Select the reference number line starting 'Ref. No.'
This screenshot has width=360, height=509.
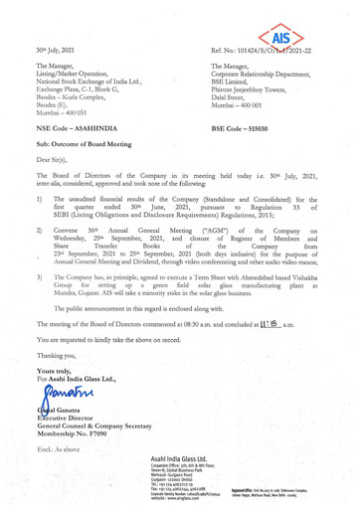click(x=281, y=49)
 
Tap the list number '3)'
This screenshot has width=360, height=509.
click(x=37, y=295)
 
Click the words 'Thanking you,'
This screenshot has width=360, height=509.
click(x=57, y=371)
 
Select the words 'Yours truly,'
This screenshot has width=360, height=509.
click(x=55, y=385)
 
